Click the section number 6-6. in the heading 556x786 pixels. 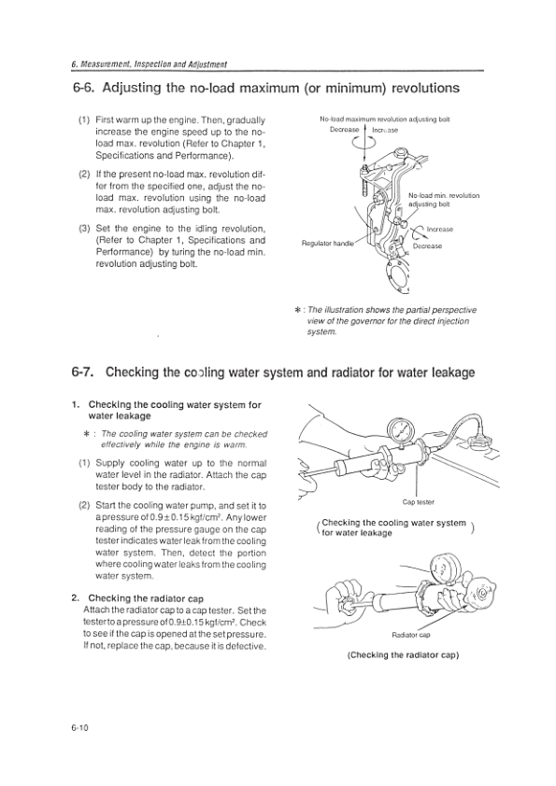(x=84, y=89)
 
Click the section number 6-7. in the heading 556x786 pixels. (x=84, y=372)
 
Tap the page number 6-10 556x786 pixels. (x=79, y=728)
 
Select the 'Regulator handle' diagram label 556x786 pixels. (x=328, y=244)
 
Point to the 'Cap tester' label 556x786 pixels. (x=418, y=502)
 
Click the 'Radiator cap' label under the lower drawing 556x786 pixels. (x=410, y=635)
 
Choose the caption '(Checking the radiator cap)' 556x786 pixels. (x=403, y=655)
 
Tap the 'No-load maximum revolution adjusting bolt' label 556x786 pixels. (x=385, y=119)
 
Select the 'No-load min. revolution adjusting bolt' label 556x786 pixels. (x=444, y=200)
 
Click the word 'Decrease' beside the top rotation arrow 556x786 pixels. (x=344, y=130)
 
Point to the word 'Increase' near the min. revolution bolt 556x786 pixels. (x=439, y=230)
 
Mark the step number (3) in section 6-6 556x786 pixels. (x=83, y=229)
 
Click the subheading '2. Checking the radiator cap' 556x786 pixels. (x=137, y=598)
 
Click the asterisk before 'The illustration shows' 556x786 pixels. (x=298, y=310)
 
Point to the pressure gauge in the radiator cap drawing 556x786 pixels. (x=443, y=568)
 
